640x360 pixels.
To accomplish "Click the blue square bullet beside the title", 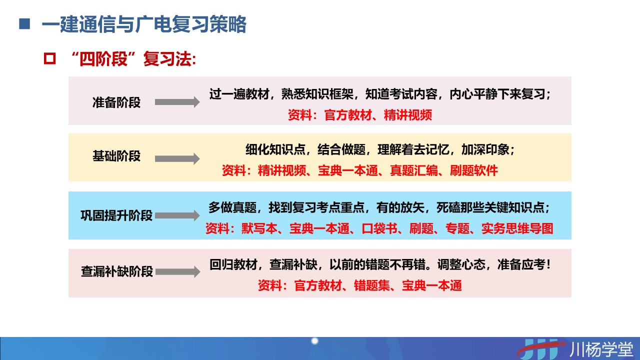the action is pyautogui.click(x=24, y=24).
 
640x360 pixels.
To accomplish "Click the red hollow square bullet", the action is pyautogui.click(x=49, y=59).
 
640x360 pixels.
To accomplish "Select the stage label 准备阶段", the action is pyautogui.click(x=116, y=102).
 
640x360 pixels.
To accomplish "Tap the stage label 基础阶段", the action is pyautogui.click(x=116, y=156).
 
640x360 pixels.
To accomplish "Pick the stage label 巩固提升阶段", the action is pyautogui.click(x=116, y=215).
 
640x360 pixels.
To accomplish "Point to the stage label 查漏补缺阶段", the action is pyautogui.click(x=117, y=271).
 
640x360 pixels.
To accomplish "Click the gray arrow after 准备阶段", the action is pyautogui.click(x=177, y=102).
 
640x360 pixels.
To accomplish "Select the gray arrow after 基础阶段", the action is pyautogui.click(x=177, y=159).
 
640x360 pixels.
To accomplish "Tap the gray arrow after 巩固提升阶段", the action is pyautogui.click(x=177, y=215).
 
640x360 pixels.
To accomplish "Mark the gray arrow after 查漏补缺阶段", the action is pyautogui.click(x=177, y=271).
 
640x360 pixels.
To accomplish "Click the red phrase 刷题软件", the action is pyautogui.click(x=474, y=170).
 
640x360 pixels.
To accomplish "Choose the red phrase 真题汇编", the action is pyautogui.click(x=414, y=170).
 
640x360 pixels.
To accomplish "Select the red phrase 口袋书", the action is pyautogui.click(x=379, y=228).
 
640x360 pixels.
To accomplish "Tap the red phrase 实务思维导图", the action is pyautogui.click(x=517, y=228).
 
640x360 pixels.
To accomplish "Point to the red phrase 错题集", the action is pyautogui.click(x=372, y=285).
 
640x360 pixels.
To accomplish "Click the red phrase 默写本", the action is pyautogui.click(x=259, y=228).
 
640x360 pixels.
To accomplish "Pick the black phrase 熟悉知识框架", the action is pyautogui.click(x=317, y=94).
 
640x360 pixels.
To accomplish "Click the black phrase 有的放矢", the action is pyautogui.click(x=400, y=207).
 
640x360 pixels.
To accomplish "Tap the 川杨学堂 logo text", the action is pyautogui.click(x=601, y=349).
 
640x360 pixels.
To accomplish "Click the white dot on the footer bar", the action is pyautogui.click(x=314, y=341).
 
